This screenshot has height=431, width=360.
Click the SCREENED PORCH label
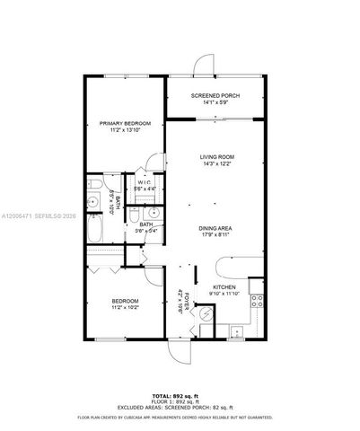tap(214, 94)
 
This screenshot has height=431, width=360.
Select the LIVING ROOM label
tap(215, 156)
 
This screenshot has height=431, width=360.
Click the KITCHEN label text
tap(223, 286)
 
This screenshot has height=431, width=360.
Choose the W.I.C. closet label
tap(144, 182)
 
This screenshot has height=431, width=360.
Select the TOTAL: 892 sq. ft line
tap(180, 395)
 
